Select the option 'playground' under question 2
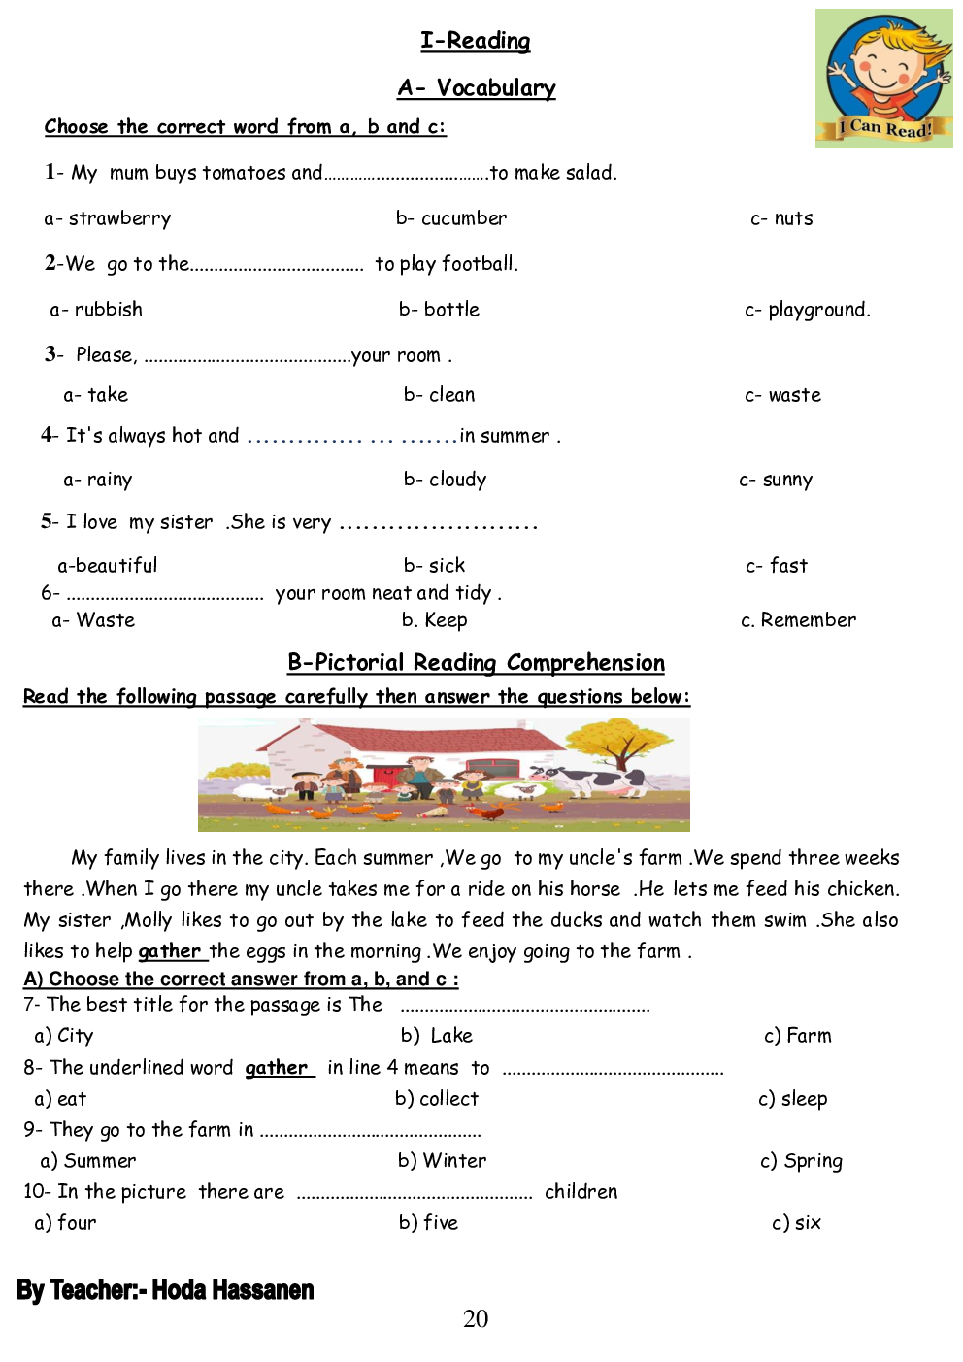[x=817, y=310]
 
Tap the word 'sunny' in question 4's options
[x=787, y=480]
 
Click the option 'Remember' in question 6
[x=808, y=620]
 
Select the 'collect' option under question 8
[x=448, y=1099]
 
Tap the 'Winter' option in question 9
[x=454, y=1161]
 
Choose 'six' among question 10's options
[x=808, y=1223]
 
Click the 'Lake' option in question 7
[x=450, y=1036]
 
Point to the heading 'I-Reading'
[x=475, y=41]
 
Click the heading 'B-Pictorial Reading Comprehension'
[x=476, y=663]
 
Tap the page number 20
[x=476, y=1318]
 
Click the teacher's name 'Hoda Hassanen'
[x=233, y=1290]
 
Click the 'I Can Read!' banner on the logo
[x=884, y=128]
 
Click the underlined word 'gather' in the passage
[x=169, y=951]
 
